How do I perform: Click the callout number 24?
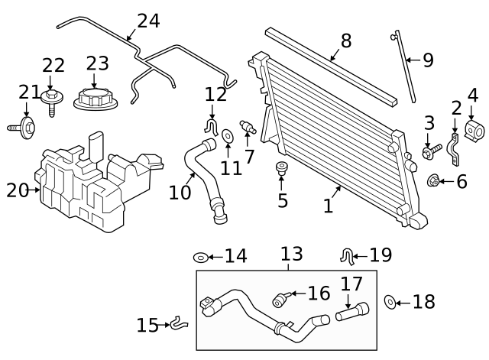148,21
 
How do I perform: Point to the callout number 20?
17,190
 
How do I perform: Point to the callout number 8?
345,41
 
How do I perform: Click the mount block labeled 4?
474,131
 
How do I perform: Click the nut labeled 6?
434,182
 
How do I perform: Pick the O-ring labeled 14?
200,256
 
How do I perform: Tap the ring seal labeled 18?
388,303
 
